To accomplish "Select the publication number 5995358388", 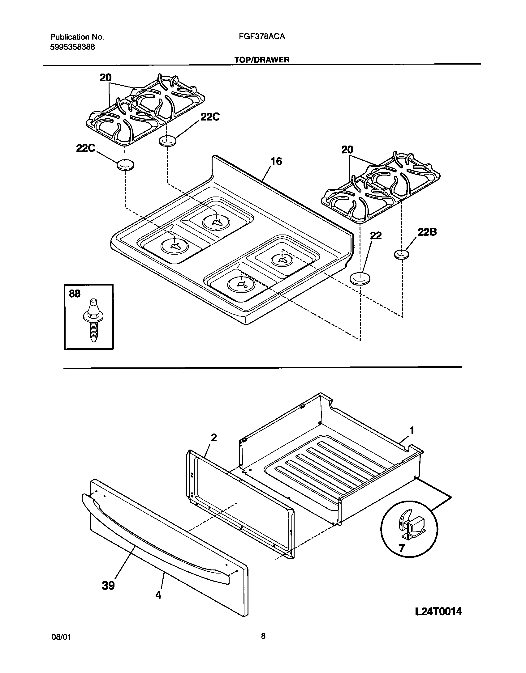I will click(72, 47).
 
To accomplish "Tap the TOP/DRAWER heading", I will click(262, 60).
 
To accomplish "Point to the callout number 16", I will click(276, 161).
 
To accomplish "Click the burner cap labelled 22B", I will click(402, 255).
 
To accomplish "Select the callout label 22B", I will click(427, 232).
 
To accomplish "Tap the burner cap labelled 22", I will click(360, 278).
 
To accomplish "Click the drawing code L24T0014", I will click(438, 611).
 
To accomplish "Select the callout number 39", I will click(108, 586).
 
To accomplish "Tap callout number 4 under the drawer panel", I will click(158, 595).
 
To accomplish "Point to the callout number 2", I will click(213, 438).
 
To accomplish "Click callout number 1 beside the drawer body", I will click(412, 430).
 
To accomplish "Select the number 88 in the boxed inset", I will click(75, 294).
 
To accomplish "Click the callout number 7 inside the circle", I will click(402, 548).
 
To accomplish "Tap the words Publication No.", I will click(77, 37).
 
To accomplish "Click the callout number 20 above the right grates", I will click(347, 150).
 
